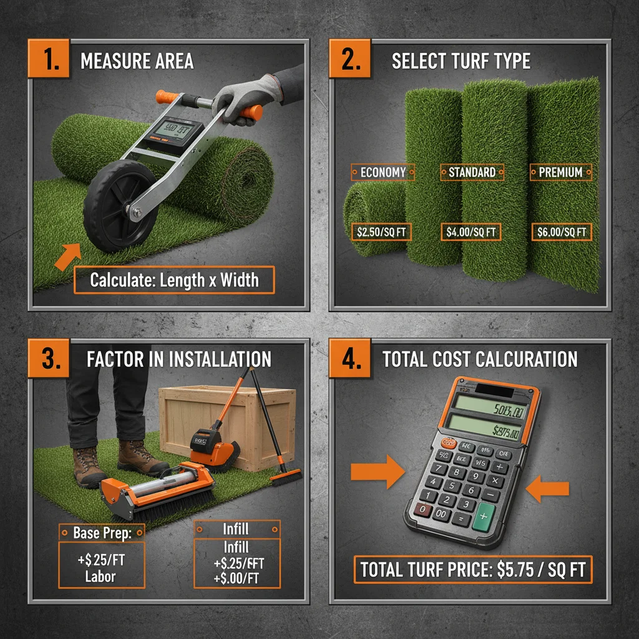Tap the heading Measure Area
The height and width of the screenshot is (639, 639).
(137, 61)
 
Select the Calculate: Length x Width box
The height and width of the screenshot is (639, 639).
(174, 280)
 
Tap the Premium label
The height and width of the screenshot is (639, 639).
(560, 172)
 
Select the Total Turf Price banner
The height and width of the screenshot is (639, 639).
(472, 570)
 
